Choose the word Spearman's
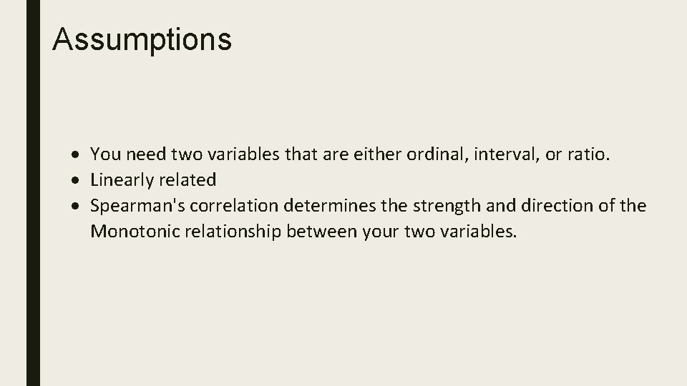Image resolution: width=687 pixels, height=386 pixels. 133,207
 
